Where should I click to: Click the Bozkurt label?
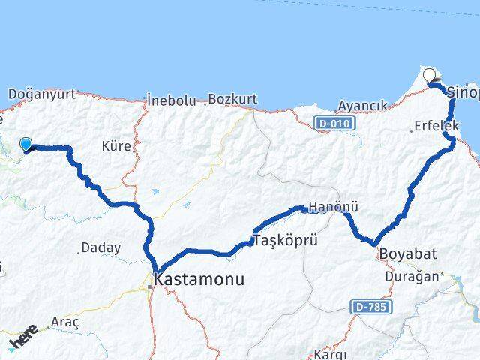[232, 98]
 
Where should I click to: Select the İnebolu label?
[172, 99]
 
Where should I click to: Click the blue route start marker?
[26, 144]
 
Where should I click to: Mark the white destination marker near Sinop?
[430, 75]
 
